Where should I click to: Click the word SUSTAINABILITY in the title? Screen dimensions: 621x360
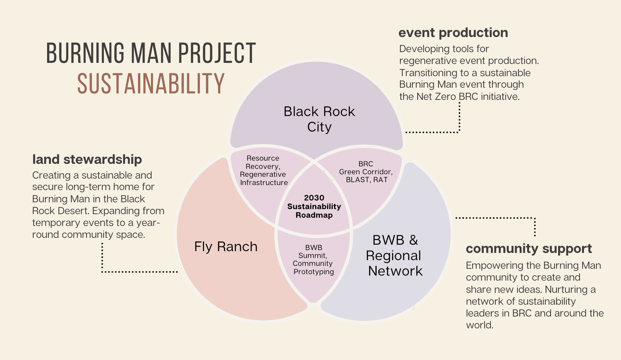coord(151,83)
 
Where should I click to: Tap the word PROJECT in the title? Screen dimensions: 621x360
coord(217,53)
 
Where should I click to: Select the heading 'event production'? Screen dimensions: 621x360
coord(453,33)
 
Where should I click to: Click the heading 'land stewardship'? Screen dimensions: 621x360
coord(87,159)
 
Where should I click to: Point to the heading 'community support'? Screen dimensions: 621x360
coord(529,249)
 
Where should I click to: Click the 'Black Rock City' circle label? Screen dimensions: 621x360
coord(319,119)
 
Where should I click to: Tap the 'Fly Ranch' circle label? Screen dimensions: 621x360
coord(226,246)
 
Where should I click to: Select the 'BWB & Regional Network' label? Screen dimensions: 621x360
coord(395,255)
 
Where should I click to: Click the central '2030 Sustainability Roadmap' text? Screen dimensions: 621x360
coord(314,206)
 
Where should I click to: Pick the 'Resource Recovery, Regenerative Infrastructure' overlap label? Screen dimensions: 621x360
coord(263,170)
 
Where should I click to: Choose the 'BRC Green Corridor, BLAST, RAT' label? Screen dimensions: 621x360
coord(366,172)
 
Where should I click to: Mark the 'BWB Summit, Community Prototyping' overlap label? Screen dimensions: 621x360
coord(313,259)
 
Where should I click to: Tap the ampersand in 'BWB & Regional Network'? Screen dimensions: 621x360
coord(414,240)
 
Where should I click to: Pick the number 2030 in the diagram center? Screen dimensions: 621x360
coord(314,198)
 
